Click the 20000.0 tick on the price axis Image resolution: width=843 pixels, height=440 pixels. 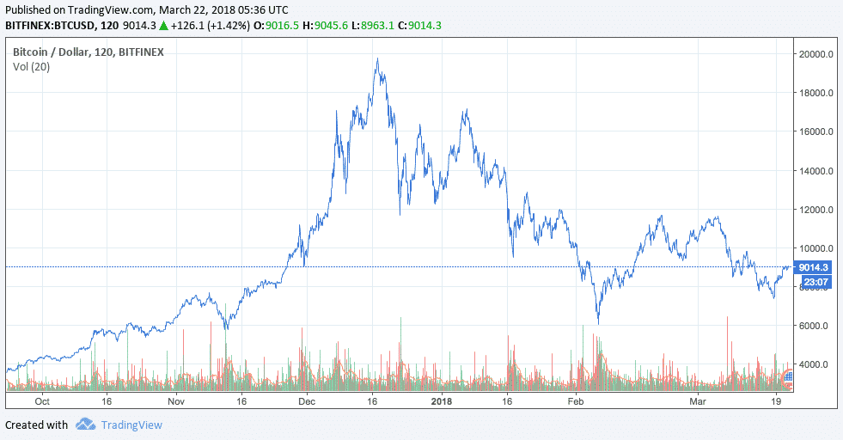[816, 54]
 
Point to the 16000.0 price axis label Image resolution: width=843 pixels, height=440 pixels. [816, 131]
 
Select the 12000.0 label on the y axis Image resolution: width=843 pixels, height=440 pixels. [816, 210]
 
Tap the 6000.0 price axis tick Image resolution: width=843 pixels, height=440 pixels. [816, 326]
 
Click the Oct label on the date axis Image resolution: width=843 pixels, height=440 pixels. [42, 401]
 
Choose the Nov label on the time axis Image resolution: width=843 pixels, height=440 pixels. [175, 401]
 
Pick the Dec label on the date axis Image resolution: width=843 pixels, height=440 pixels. [308, 401]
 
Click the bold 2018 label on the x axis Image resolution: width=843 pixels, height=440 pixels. [441, 401]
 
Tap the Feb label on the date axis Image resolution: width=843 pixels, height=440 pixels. [575, 401]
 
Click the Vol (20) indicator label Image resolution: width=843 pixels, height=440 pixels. [31, 66]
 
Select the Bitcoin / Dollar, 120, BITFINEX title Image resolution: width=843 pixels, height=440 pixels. [89, 52]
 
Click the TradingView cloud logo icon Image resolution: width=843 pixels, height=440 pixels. [85, 425]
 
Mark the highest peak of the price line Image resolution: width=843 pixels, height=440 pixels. [378, 59]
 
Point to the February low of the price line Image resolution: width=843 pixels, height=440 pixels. [597, 322]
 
